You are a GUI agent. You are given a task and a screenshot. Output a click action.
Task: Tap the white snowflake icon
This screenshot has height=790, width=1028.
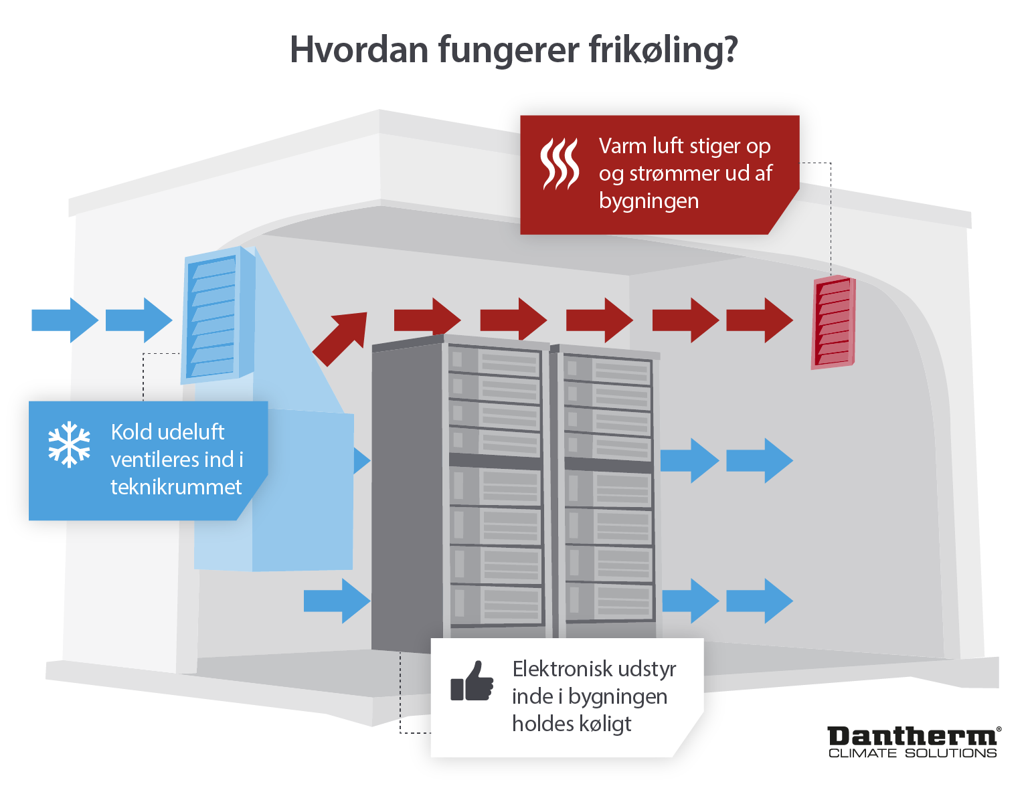pos(69,444)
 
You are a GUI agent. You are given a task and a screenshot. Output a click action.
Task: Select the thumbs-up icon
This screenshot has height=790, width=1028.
pos(472,682)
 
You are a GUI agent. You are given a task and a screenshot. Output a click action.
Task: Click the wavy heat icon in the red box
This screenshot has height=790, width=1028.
pos(560,165)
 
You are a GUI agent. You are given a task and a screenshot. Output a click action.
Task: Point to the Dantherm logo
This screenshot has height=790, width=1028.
pos(914,736)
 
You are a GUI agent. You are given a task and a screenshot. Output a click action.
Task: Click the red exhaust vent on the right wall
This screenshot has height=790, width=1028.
pos(833,322)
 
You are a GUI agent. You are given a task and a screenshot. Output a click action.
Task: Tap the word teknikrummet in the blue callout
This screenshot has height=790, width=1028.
pos(176,487)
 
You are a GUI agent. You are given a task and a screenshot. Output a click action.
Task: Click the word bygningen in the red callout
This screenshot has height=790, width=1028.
pos(649,201)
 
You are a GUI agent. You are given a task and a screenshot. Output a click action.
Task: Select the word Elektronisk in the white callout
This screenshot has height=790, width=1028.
pos(562,669)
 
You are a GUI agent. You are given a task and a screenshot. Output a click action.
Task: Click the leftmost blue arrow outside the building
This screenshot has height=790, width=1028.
pos(64,320)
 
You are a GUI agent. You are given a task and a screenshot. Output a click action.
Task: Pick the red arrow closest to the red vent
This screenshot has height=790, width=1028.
pos(759,320)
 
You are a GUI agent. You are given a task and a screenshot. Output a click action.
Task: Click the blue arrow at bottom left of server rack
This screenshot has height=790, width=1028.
pos(337,601)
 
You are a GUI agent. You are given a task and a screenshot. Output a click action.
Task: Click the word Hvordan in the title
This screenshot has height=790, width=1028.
pos(359,50)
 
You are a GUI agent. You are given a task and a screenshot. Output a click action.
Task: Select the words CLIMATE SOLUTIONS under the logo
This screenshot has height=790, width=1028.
pos(913,753)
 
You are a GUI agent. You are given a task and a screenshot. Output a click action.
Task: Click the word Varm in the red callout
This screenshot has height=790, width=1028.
pos(622,146)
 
